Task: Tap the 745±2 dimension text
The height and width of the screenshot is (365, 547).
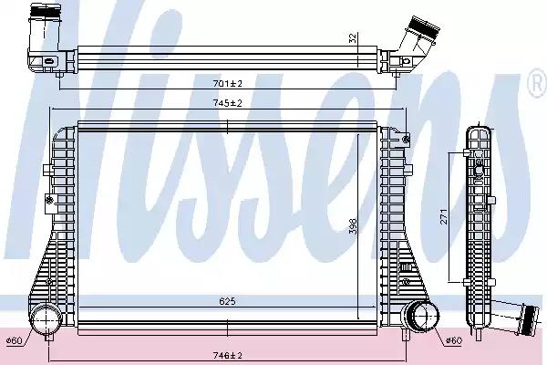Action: pos(227,103)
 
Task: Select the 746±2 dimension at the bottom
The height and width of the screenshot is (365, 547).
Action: pos(227,356)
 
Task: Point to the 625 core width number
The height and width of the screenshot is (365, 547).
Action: pos(227,301)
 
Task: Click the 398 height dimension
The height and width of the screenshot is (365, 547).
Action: pos(353,226)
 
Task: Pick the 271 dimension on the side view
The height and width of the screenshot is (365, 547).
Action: pos(443,216)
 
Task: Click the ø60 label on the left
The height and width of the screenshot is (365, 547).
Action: pos(15,340)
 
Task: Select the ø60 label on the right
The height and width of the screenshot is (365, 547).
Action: pos(453,340)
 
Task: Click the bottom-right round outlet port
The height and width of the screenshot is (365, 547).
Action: pos(421,318)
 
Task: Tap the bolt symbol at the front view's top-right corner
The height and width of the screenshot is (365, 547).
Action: pos(406,140)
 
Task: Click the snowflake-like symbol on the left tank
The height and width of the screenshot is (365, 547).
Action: pos(49,200)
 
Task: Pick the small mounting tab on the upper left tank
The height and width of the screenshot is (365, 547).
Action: pos(47,170)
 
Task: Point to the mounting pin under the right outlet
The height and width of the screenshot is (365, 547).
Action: pos(406,335)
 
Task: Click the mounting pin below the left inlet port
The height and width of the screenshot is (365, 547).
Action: pos(49,338)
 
